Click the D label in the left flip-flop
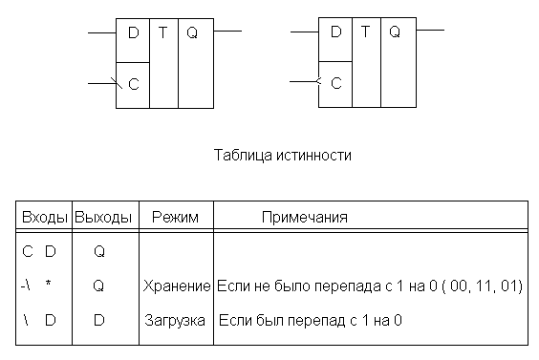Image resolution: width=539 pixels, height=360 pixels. point(134,33)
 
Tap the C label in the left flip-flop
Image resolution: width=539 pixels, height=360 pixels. point(134,84)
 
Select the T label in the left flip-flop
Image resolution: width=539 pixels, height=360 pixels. point(163,33)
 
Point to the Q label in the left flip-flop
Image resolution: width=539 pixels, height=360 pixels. point(192,33)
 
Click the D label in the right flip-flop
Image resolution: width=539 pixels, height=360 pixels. point(335,32)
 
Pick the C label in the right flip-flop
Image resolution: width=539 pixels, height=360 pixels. point(335,83)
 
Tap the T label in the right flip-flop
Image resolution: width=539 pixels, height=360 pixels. point(366,32)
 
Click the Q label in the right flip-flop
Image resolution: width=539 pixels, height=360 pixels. point(395,32)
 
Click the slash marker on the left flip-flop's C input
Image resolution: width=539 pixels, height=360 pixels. point(117,83)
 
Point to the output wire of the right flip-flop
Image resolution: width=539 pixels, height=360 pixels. point(430,31)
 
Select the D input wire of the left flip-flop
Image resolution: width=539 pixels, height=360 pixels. point(102,33)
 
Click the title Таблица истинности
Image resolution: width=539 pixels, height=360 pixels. point(283,156)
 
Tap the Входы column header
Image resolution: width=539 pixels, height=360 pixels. point(45,218)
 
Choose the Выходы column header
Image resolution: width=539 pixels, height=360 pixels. point(103,218)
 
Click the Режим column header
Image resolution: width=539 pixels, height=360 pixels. point(175,218)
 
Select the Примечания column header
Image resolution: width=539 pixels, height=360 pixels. point(305,218)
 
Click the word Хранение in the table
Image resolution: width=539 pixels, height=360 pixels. point(177,286)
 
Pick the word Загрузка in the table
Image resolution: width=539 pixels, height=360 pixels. point(175,321)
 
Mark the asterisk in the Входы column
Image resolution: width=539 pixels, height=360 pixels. point(49,284)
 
